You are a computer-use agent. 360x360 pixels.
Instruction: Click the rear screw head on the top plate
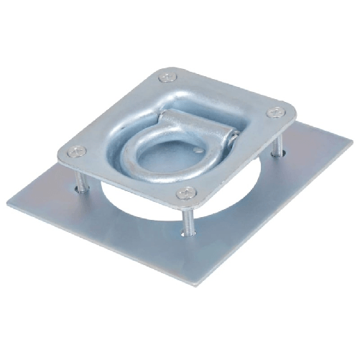[168, 77]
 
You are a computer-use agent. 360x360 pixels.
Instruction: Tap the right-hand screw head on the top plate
[275, 112]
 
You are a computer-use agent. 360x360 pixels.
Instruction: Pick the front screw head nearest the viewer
[187, 192]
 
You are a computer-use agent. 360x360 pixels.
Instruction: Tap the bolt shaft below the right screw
[276, 144]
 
